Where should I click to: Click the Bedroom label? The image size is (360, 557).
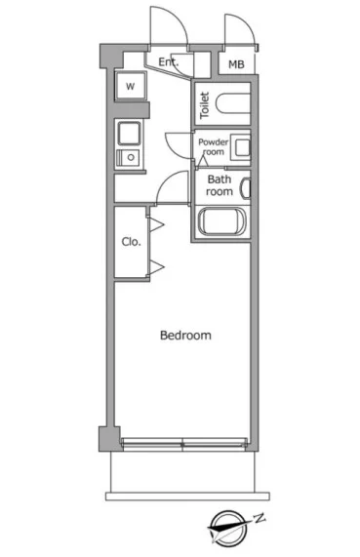click(x=185, y=335)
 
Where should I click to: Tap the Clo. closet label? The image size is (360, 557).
click(x=131, y=242)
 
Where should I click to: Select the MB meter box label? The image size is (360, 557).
click(x=236, y=64)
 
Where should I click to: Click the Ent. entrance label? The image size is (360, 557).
click(x=168, y=62)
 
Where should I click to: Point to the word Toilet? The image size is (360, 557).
click(x=204, y=105)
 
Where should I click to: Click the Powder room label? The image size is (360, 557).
click(x=214, y=146)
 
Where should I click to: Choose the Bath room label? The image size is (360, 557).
click(x=220, y=185)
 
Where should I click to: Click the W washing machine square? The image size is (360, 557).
click(x=131, y=86)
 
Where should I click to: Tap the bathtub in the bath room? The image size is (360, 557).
click(x=221, y=221)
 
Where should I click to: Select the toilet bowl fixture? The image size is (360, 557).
click(x=233, y=103)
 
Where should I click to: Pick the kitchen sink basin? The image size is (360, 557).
click(x=129, y=134)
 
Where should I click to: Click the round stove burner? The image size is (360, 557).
click(x=131, y=157)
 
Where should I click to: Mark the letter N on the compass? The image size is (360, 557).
click(x=260, y=518)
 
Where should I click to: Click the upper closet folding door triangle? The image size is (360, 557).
click(x=157, y=225)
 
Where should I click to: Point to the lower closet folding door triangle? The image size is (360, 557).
click(x=157, y=267)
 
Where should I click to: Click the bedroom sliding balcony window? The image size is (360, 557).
click(x=184, y=444)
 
